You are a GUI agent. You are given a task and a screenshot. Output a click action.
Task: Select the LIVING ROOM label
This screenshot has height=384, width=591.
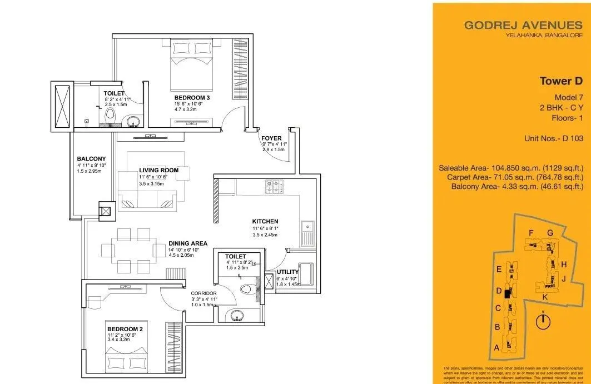[158, 170]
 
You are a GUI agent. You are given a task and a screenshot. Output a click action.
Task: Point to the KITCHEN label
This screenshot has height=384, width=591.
[265, 221]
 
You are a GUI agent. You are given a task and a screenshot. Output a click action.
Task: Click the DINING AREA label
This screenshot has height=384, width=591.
[188, 243]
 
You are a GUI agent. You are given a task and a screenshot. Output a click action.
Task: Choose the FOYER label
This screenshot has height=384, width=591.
[271, 138]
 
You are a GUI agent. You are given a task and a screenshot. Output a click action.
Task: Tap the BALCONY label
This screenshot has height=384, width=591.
[91, 159]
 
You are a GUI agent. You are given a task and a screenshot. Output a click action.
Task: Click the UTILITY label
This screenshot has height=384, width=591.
[288, 272]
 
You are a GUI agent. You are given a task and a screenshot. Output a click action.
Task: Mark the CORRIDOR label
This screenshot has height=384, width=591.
[203, 293]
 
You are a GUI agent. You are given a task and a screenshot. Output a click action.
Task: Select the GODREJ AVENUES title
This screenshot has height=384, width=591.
[523, 25]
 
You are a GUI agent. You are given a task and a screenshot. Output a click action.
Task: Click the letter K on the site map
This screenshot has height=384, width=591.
[545, 297]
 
